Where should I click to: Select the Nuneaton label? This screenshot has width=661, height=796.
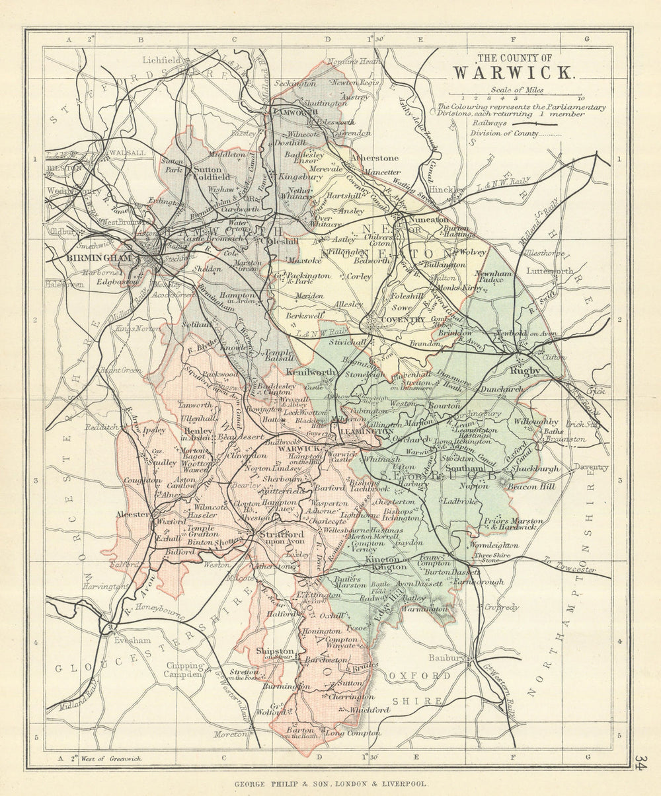coord(429,219)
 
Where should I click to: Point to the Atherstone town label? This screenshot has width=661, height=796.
coord(375,159)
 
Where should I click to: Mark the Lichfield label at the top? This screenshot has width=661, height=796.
coord(161,60)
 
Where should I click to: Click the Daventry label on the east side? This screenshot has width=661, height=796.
coord(591,467)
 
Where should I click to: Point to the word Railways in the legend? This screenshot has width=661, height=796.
coord(490,122)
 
